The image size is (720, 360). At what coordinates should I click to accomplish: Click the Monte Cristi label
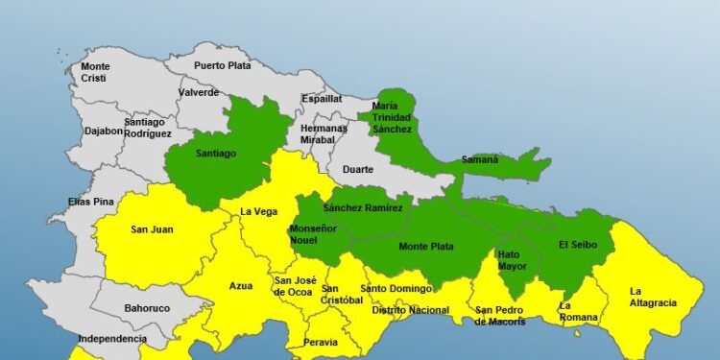point(95,72)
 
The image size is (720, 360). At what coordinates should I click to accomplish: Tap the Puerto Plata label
point(222,65)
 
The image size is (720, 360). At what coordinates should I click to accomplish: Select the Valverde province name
point(198,93)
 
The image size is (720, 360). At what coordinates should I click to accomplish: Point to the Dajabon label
point(103,131)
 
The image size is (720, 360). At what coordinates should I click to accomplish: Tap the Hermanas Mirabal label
point(324,133)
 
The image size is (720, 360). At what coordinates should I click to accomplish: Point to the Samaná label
point(480,159)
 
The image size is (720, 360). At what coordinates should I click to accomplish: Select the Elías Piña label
point(91,202)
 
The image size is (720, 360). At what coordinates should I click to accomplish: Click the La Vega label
point(258,211)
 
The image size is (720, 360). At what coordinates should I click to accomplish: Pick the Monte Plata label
point(426,247)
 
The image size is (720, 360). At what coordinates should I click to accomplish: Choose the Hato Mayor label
point(513,260)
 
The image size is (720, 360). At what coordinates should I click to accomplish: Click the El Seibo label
point(578,245)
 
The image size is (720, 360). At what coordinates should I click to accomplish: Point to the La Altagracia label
point(653,297)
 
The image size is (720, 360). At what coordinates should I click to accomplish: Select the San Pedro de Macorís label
point(500,316)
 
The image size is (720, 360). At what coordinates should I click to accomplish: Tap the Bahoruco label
point(147,309)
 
